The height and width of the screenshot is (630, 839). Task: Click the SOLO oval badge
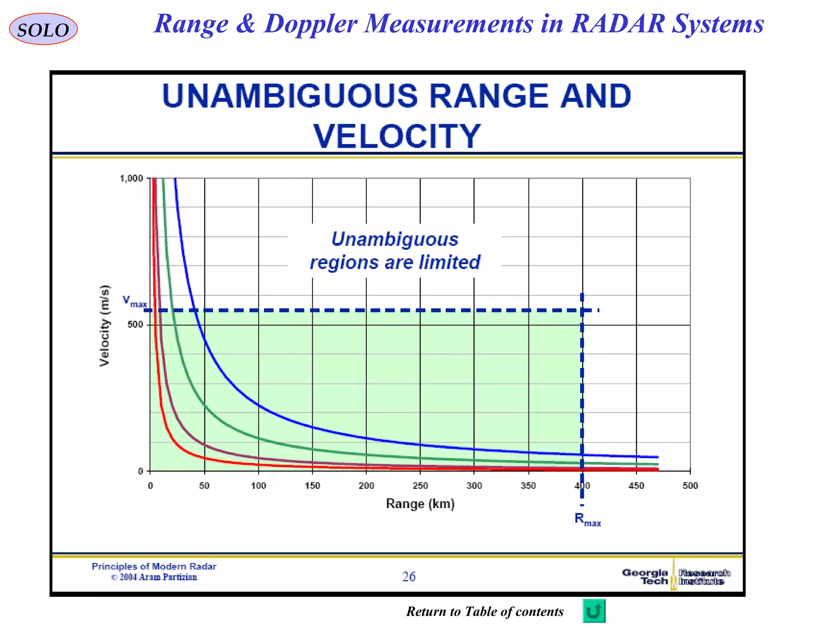tap(43, 29)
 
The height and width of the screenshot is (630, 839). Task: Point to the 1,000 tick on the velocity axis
tap(131, 178)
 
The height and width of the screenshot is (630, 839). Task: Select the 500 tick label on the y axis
tap(135, 324)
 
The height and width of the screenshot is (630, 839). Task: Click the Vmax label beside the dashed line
tap(134, 301)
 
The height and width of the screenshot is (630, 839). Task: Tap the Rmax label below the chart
tap(587, 520)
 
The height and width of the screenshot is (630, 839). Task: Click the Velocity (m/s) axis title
tap(105, 325)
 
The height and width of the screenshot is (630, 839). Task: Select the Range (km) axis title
tap(420, 504)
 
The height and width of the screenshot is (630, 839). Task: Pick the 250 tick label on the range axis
tap(420, 486)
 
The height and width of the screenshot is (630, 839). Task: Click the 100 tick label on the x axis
tap(258, 486)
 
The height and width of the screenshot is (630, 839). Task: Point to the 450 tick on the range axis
tap(636, 486)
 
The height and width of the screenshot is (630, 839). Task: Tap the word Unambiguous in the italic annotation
tap(395, 239)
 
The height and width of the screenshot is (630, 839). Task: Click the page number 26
tap(408, 577)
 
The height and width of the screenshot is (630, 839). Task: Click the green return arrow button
tap(594, 611)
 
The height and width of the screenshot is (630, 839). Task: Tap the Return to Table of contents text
tap(485, 612)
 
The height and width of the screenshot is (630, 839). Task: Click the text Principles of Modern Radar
tap(154, 566)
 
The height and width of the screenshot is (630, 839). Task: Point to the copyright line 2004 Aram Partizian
tap(154, 577)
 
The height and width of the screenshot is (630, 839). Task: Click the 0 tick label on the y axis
tap(141, 471)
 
